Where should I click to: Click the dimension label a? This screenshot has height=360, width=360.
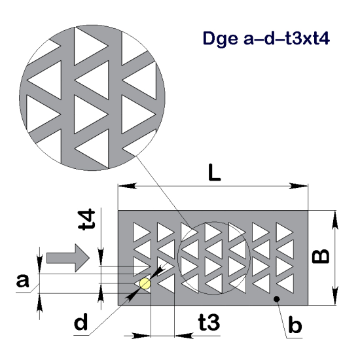pyautogui.click(x=23, y=281)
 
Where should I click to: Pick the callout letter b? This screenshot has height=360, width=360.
pyautogui.click(x=295, y=325)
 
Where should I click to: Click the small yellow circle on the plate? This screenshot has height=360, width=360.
pyautogui.click(x=145, y=283)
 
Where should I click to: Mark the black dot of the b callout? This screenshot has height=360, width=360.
pyautogui.click(x=278, y=299)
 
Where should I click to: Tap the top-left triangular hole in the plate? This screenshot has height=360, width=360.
pyautogui.click(x=141, y=232)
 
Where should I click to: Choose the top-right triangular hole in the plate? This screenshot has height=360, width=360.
pyautogui.click(x=284, y=232)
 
